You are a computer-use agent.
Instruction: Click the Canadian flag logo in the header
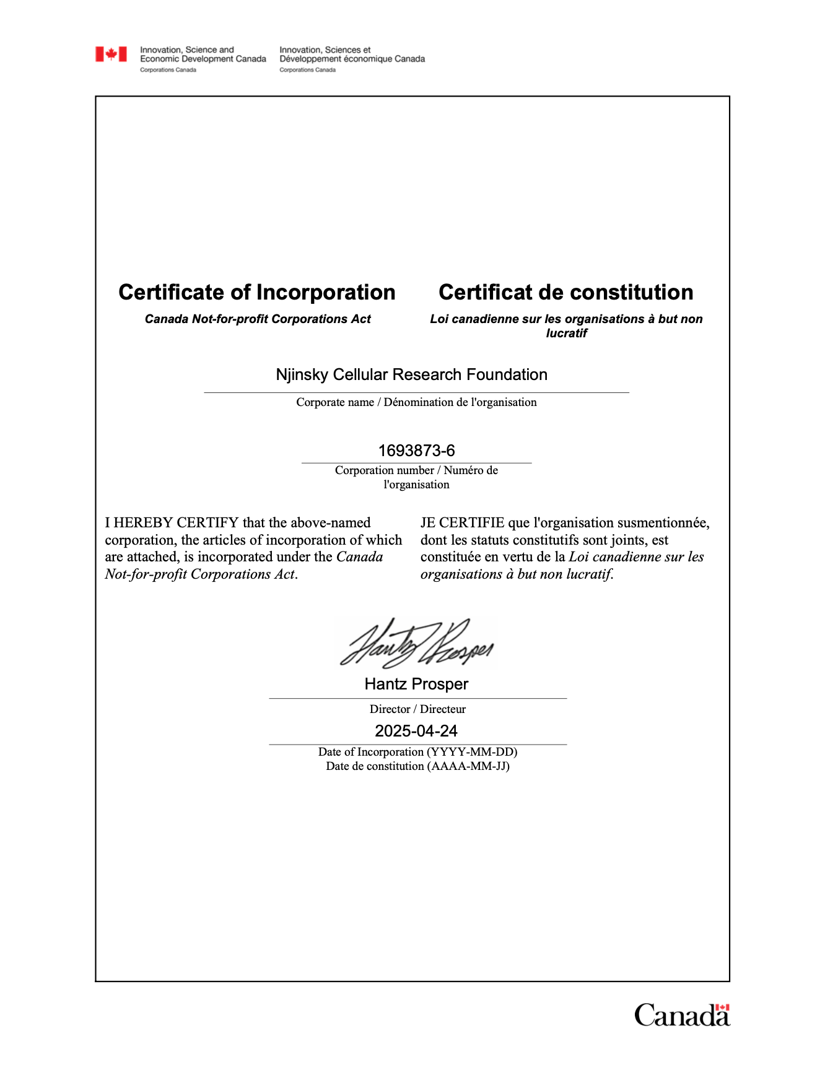[x=111, y=54]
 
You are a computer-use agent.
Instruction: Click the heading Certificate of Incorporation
[x=257, y=292]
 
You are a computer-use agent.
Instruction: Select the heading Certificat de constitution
[x=566, y=292]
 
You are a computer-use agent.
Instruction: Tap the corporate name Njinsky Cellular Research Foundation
[x=412, y=374]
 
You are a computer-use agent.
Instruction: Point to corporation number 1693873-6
[x=416, y=451]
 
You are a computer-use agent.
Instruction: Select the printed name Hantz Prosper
[x=416, y=684]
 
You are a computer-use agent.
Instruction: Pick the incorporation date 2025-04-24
[x=416, y=731]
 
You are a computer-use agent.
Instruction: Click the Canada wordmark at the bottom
[x=682, y=1016]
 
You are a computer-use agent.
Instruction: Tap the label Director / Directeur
[x=417, y=709]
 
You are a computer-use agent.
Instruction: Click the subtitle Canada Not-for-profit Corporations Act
[x=258, y=319]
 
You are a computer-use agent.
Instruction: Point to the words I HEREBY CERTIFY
[x=172, y=523]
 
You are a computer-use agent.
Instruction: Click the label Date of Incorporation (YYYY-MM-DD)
[x=417, y=752]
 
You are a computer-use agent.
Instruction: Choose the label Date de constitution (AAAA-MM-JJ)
[x=417, y=766]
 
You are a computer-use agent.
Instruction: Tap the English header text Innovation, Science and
[x=187, y=50]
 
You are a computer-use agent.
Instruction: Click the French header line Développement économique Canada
[x=352, y=59]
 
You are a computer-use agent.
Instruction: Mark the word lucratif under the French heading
[x=566, y=334]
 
